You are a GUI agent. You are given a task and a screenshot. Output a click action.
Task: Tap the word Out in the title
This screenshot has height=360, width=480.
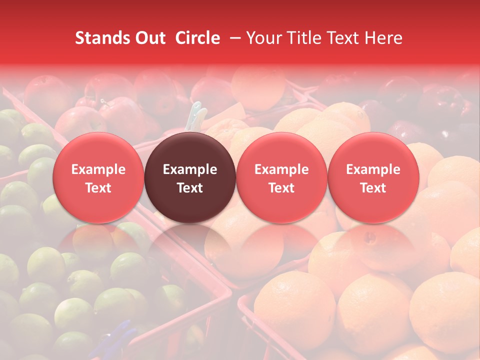148,38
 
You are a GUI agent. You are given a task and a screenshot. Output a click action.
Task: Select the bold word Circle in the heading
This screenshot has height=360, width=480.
197,38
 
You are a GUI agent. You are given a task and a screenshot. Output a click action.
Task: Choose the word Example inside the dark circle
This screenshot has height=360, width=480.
190,169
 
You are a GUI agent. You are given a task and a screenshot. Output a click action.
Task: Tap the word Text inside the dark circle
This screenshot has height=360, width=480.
190,188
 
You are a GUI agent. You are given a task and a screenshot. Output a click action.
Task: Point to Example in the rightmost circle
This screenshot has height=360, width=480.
373,169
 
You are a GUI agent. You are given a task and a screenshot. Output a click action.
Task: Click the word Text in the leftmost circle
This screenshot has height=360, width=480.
98,188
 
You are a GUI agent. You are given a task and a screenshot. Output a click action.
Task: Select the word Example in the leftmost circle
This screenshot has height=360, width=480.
98,169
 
